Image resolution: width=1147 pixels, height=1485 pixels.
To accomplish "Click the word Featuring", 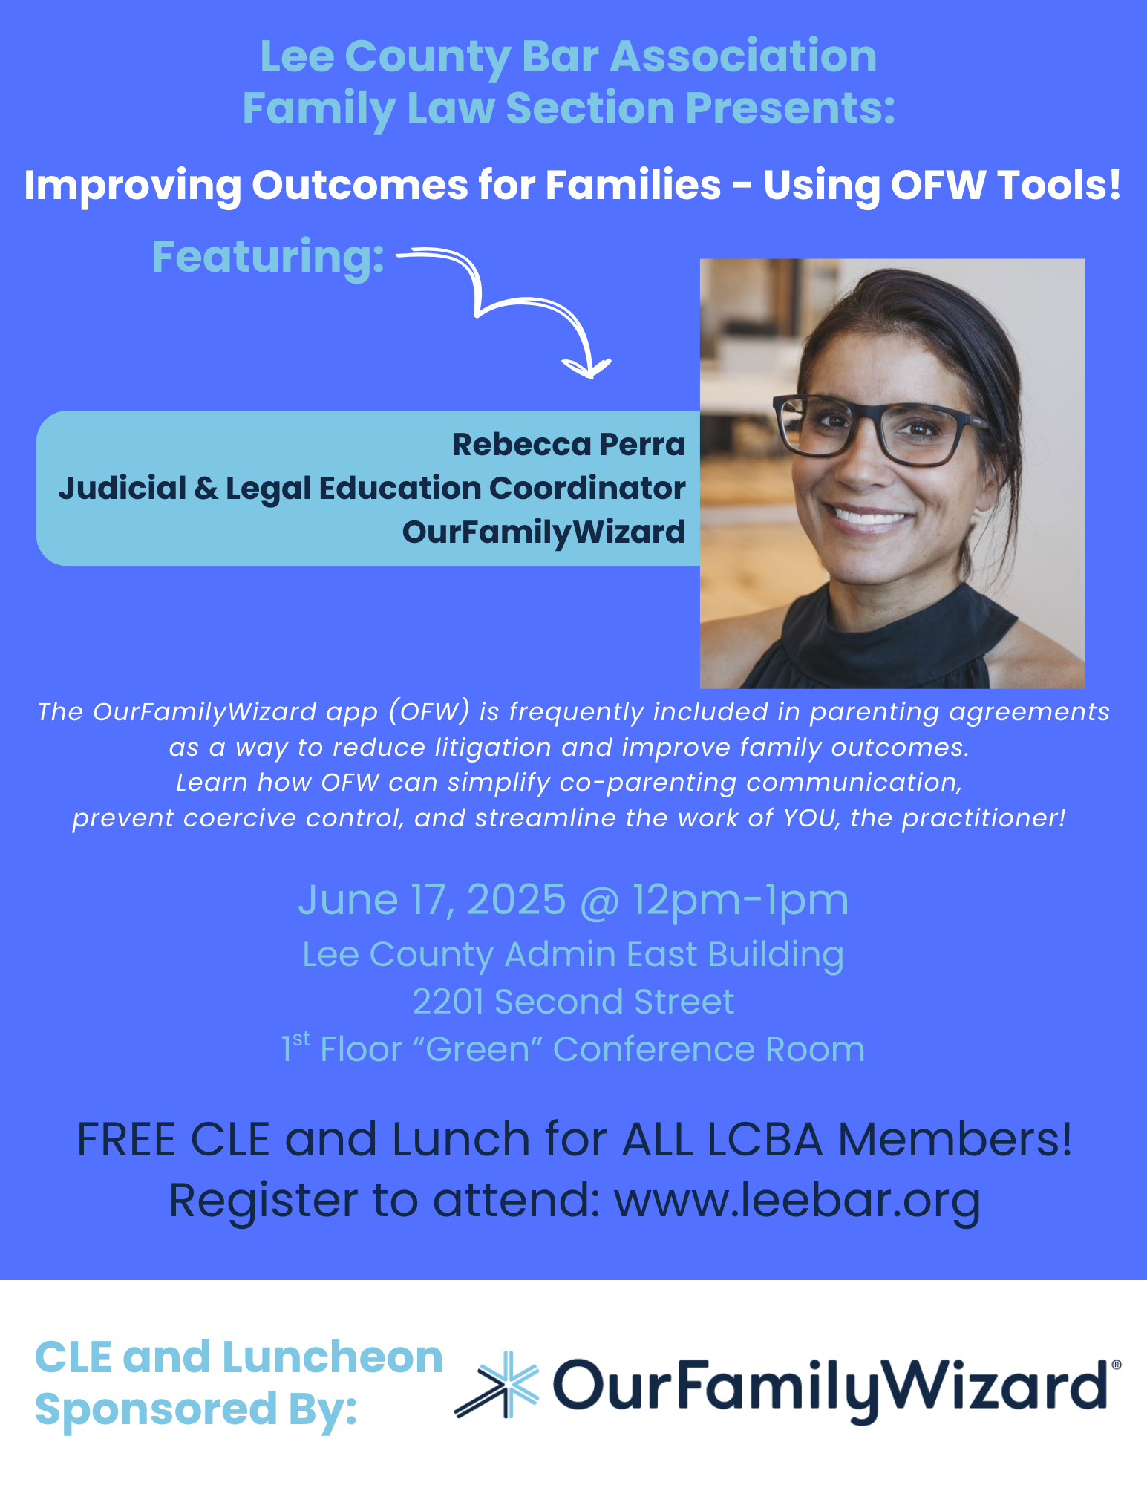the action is point(268,257).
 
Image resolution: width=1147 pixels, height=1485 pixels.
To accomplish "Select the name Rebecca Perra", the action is point(569,444).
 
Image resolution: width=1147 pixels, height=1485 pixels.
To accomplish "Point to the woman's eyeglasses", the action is point(878,428).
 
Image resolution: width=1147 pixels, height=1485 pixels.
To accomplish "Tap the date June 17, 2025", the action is point(432,900).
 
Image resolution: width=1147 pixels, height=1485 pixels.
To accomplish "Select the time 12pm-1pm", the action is point(740,901).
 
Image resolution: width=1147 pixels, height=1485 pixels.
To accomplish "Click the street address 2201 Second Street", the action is point(573,1002).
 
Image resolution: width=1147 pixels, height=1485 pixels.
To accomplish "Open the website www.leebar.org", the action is point(797,1200).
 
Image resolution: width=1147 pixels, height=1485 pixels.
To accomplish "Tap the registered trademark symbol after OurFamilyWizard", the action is point(1116,1365).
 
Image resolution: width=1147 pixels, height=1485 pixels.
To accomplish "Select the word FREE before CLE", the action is point(126,1139).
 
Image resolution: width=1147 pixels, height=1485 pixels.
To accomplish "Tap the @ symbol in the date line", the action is point(599,901).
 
